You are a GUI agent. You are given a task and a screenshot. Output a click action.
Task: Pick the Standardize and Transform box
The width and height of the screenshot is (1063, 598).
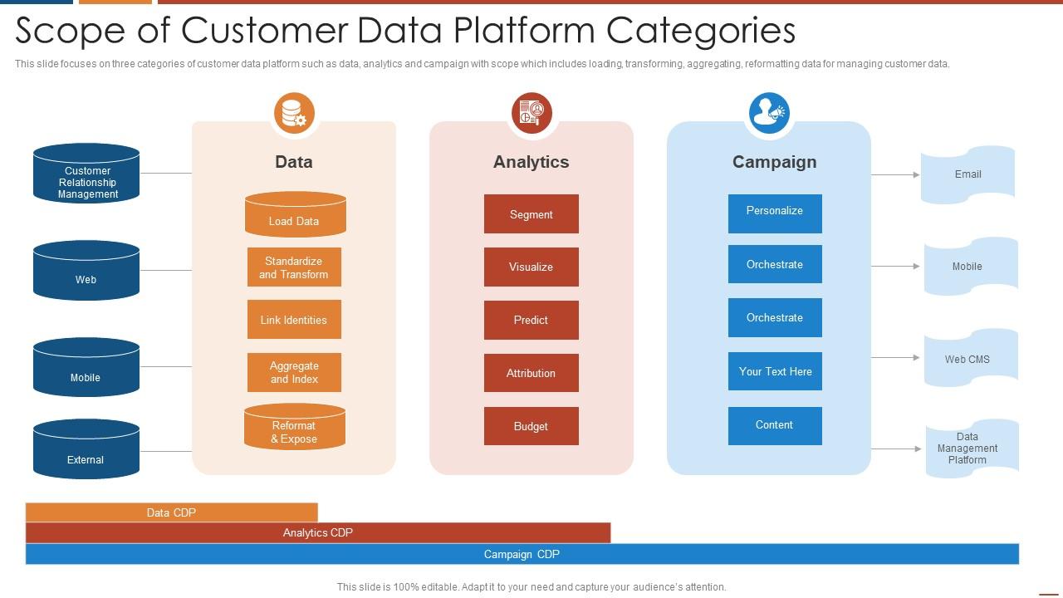pyautogui.click(x=294, y=267)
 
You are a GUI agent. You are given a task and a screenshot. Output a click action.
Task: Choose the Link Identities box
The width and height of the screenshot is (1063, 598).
pyautogui.click(x=294, y=320)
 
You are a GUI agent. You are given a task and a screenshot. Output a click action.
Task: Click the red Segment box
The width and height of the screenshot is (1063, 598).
pyautogui.click(x=531, y=214)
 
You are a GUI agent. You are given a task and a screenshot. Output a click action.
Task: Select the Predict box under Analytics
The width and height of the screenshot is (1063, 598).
pyautogui.click(x=531, y=320)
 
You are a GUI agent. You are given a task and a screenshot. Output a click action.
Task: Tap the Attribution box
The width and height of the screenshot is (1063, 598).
pyautogui.click(x=531, y=373)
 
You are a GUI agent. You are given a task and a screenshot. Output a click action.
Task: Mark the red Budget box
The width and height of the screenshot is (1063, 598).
pyautogui.click(x=531, y=426)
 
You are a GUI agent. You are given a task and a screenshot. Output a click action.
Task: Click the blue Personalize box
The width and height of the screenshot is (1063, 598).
pyautogui.click(x=775, y=213)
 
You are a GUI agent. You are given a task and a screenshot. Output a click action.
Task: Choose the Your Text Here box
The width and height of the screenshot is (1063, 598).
pyautogui.click(x=775, y=371)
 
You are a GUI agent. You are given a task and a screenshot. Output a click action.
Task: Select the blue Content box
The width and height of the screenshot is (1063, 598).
pyautogui.click(x=775, y=425)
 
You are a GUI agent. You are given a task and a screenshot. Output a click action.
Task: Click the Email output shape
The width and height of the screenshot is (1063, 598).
pyautogui.click(x=968, y=174)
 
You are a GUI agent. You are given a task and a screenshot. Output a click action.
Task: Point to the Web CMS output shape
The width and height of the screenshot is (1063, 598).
pyautogui.click(x=970, y=359)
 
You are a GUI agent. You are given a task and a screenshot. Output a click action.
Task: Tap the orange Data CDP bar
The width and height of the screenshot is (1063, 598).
pyautogui.click(x=171, y=512)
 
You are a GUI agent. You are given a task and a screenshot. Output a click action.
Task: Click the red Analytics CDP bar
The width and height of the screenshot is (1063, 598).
pyautogui.click(x=318, y=532)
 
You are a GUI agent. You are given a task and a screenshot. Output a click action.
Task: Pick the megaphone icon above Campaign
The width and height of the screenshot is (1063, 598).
pyautogui.click(x=769, y=113)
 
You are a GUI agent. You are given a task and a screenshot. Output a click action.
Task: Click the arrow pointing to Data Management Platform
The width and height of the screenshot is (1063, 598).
pyautogui.click(x=896, y=449)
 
